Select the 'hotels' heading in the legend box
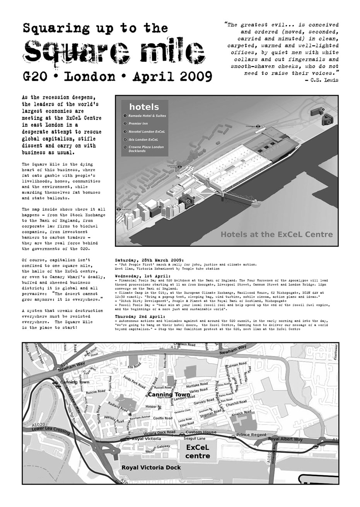point(144,107)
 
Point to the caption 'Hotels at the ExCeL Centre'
point(276,234)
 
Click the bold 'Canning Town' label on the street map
point(169,394)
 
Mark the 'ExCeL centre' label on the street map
point(198,451)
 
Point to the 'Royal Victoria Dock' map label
point(151,468)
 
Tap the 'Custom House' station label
point(201,432)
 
